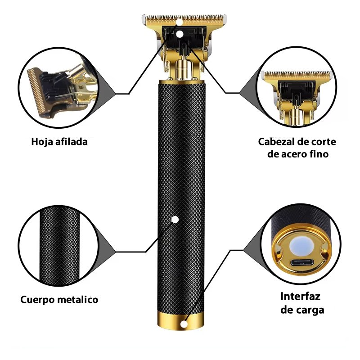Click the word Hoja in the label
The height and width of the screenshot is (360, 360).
(x=42, y=142)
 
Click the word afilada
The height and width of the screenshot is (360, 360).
(x=72, y=142)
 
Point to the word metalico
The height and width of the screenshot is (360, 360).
(x=77, y=299)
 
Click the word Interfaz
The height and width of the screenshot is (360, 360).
(x=300, y=296)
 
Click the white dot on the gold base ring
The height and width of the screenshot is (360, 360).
(x=183, y=324)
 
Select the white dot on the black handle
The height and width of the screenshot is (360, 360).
(x=175, y=220)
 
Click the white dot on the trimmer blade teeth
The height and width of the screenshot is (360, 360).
(x=179, y=22)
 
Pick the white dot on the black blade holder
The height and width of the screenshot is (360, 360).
(x=180, y=35)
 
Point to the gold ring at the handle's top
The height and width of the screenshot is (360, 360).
(x=182, y=82)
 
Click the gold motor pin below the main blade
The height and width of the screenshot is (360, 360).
(x=183, y=68)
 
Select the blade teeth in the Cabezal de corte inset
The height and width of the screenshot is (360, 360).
(x=297, y=74)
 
